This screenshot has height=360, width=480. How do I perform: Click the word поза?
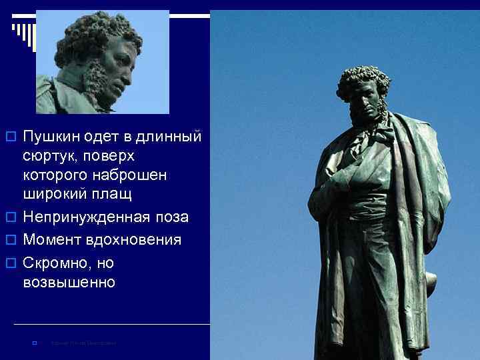pyautogui.click(x=173, y=217)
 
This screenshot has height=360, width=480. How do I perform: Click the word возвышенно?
pyautogui.click(x=69, y=282)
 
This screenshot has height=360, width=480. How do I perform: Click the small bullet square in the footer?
pyautogui.click(x=33, y=343)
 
